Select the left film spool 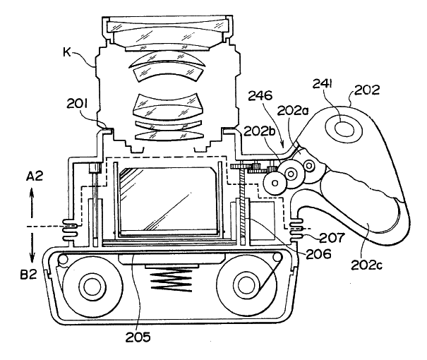point(91,286)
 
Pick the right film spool point(247,286)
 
